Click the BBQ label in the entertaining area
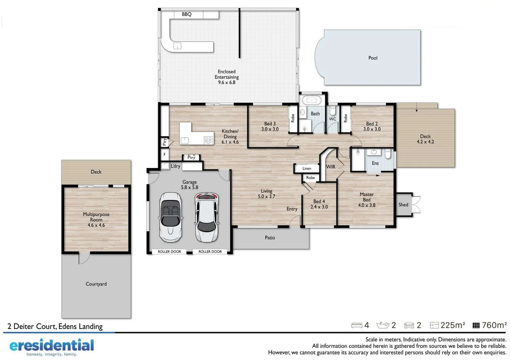(186, 14)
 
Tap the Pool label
(373, 58)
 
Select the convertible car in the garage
(170, 217)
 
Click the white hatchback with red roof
(207, 217)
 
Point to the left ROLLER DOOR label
(169, 252)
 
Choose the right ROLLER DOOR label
(210, 252)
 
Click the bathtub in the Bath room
(312, 100)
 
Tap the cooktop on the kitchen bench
(208, 140)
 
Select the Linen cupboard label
(307, 169)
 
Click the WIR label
(331, 167)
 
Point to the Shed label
(403, 205)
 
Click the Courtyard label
(96, 284)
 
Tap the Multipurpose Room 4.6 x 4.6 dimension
(96, 225)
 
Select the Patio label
(270, 238)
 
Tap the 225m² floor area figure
(452, 325)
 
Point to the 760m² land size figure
(494, 325)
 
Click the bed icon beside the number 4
(357, 325)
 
